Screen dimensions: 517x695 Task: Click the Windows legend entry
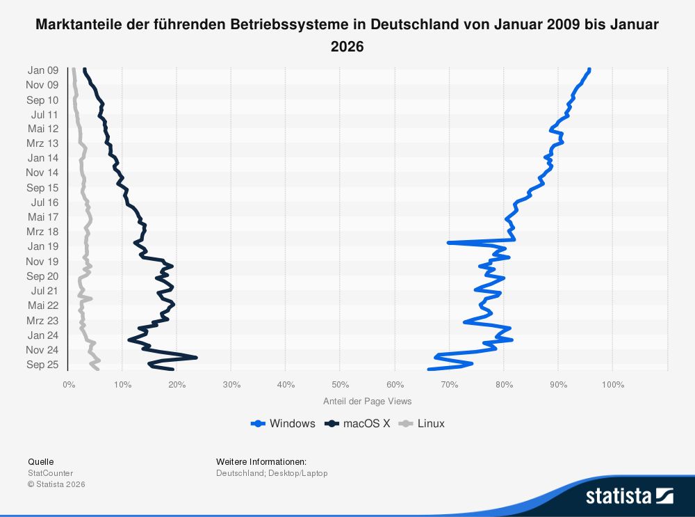click(284, 424)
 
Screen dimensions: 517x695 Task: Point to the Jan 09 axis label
click(43, 70)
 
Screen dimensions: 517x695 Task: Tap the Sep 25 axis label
click(43, 365)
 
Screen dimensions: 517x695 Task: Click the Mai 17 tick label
click(43, 217)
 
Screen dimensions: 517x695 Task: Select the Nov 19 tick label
click(43, 262)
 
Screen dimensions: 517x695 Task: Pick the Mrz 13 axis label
click(43, 143)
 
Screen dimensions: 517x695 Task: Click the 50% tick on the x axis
click(340, 384)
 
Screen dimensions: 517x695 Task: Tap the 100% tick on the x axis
click(612, 384)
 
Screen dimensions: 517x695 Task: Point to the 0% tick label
click(68, 384)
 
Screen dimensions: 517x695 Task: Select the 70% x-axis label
click(449, 384)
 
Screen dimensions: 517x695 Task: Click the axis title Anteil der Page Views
click(367, 401)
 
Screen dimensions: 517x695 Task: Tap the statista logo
click(629, 495)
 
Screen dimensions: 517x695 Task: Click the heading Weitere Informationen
click(261, 461)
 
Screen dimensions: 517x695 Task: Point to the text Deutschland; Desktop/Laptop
click(272, 473)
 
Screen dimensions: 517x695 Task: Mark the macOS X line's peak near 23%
click(196, 358)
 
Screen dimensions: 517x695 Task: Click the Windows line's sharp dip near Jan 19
click(449, 243)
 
